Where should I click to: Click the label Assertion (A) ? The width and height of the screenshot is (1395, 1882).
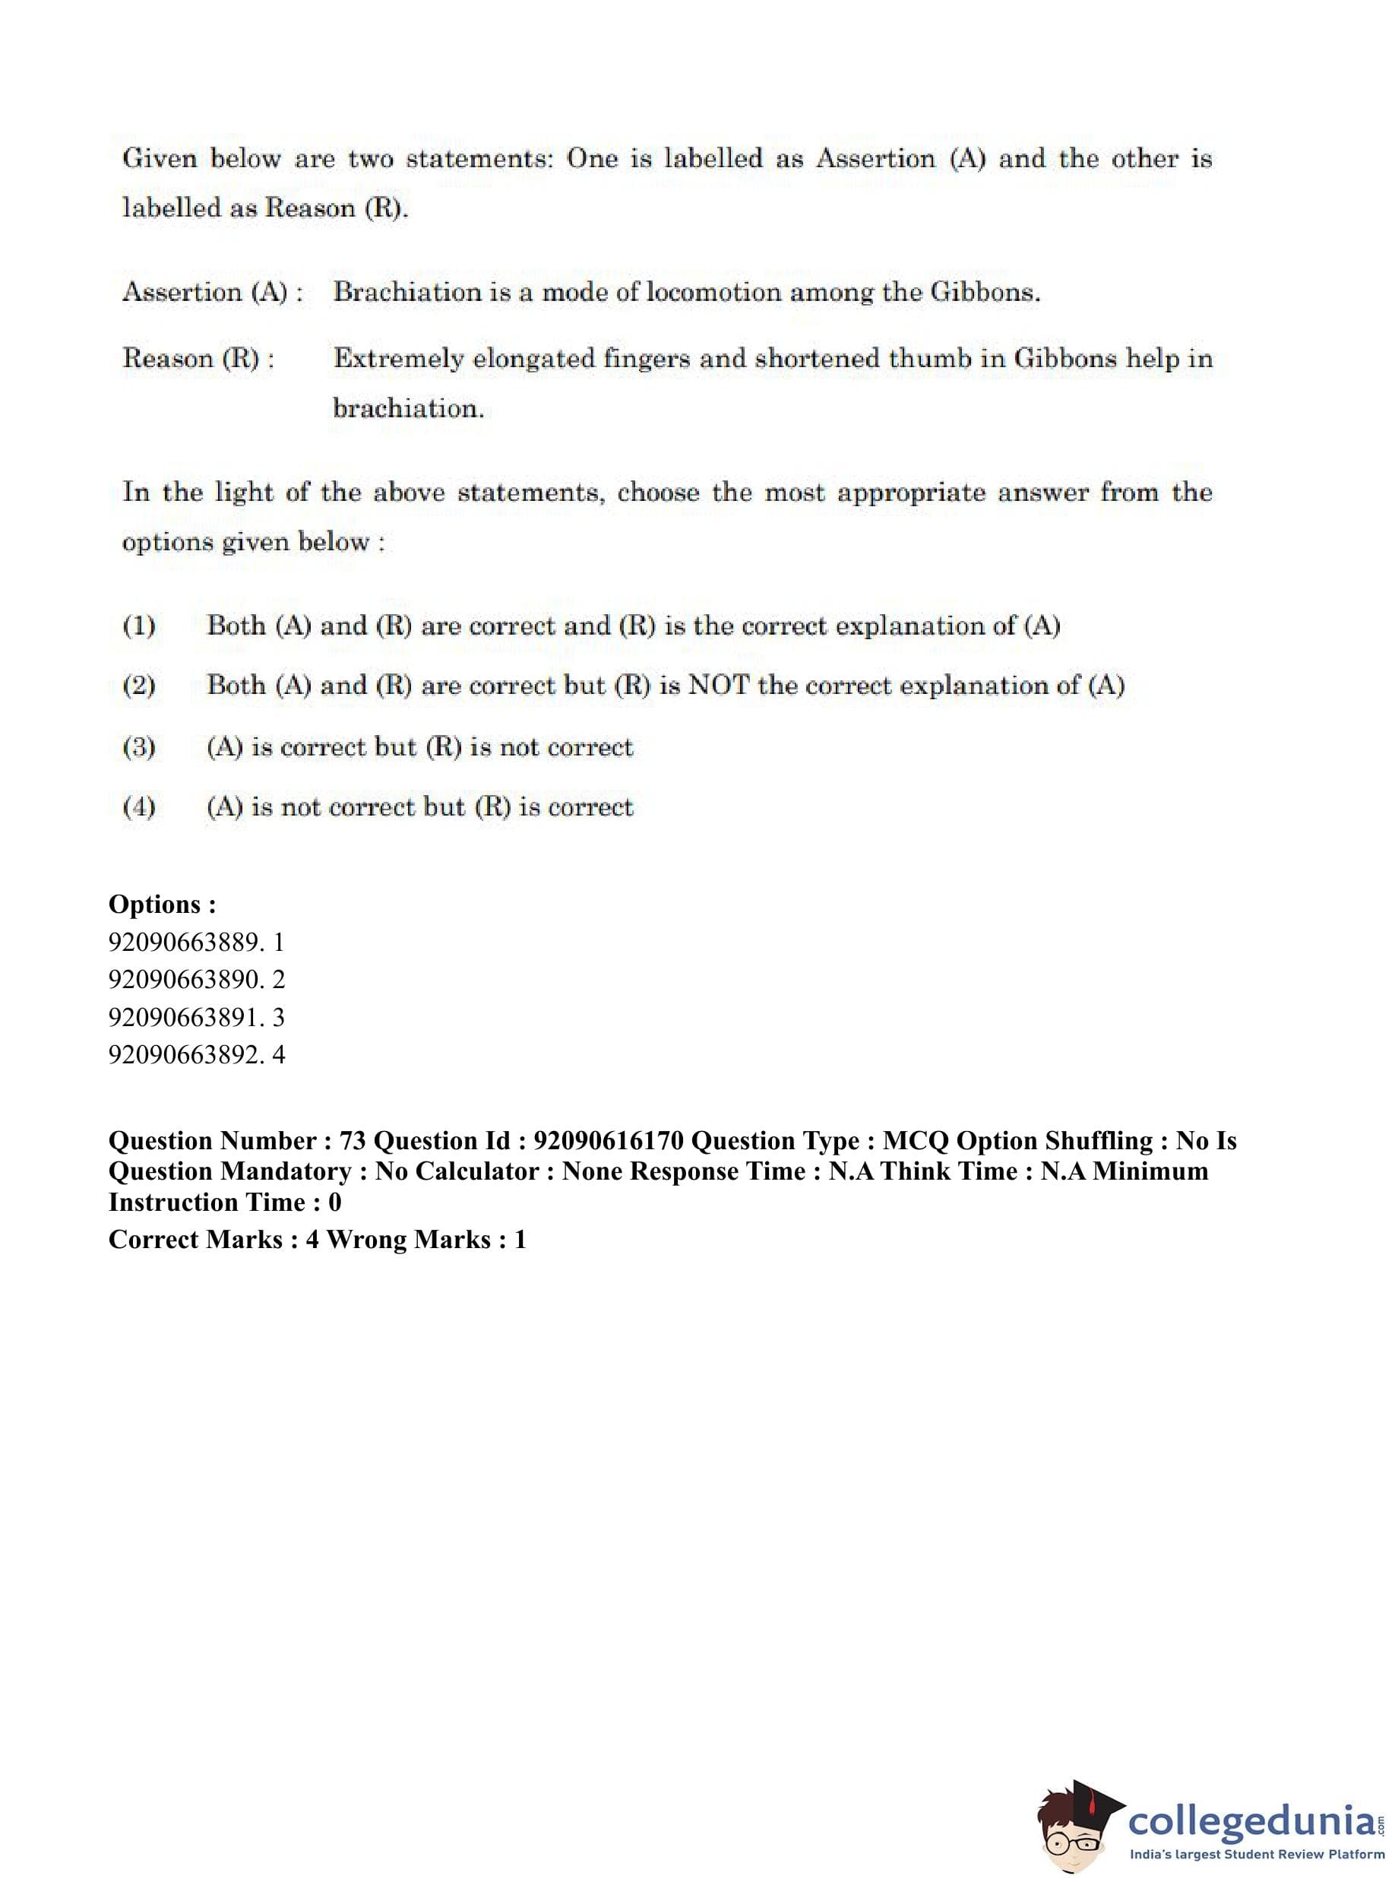212,293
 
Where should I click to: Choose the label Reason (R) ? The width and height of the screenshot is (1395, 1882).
198,359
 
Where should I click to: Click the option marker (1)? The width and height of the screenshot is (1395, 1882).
139,627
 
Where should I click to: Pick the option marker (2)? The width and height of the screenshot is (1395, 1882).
139,686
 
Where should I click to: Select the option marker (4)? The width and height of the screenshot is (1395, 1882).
139,807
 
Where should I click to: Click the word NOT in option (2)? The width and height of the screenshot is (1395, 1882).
718,686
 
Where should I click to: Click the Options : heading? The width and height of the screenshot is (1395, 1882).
162,905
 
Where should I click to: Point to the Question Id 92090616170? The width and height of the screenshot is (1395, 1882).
608,1141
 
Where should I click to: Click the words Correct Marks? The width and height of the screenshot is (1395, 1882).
195,1239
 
